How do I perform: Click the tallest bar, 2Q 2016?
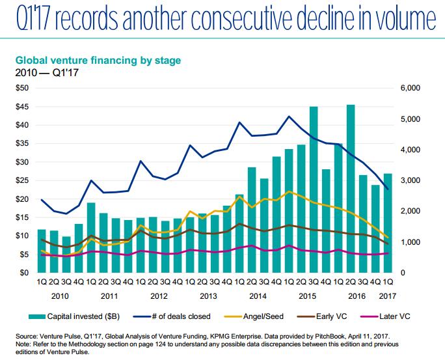coord(351,189)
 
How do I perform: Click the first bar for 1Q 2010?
coord(42,251)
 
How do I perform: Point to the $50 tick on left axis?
coord(21,88)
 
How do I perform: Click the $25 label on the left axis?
coord(21,180)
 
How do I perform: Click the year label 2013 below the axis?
coord(208,296)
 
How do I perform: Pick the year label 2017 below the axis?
coord(388,296)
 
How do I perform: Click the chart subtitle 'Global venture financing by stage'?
coord(98,61)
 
